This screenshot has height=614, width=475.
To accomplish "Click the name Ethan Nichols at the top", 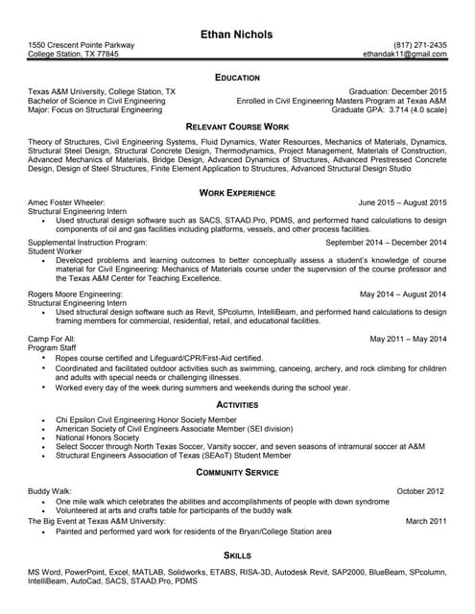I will click(237, 35).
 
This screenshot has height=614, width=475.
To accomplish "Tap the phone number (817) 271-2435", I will click(420, 46).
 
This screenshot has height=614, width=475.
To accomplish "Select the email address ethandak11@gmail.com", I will click(406, 55).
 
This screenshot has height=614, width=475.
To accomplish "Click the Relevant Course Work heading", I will click(237, 127).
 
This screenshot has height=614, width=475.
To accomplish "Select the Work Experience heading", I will click(237, 192).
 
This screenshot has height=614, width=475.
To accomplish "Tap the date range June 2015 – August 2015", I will click(402, 203).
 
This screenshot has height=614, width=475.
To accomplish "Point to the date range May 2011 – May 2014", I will click(408, 339).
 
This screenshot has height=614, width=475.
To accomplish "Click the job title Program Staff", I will click(54, 347).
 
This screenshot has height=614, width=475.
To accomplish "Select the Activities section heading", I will click(237, 405).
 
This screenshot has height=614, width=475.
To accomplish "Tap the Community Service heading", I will click(237, 473).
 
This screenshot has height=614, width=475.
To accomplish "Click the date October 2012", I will click(422, 491).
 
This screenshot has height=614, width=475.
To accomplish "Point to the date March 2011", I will click(426, 520).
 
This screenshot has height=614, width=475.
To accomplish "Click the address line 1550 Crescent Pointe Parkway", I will click(82, 46).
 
